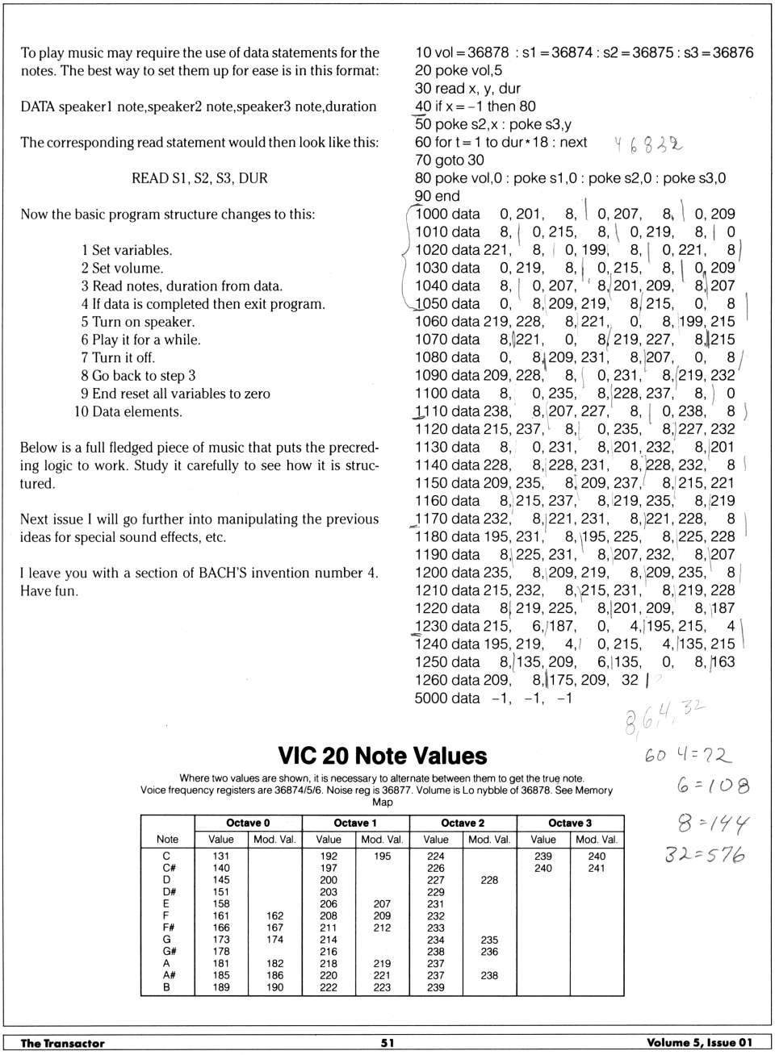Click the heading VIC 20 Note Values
coord(382,756)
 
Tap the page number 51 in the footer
coord(387,1042)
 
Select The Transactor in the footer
coord(62,1043)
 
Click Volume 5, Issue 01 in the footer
coord(698,1042)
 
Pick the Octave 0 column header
coord(248,823)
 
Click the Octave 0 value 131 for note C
coord(220,856)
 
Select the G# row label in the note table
coord(166,951)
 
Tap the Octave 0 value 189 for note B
coord(220,986)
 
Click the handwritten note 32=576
coord(704,854)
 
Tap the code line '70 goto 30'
coord(449,160)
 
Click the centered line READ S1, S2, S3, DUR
coord(199,178)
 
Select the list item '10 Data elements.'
coord(128,411)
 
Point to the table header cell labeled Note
coord(167,839)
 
